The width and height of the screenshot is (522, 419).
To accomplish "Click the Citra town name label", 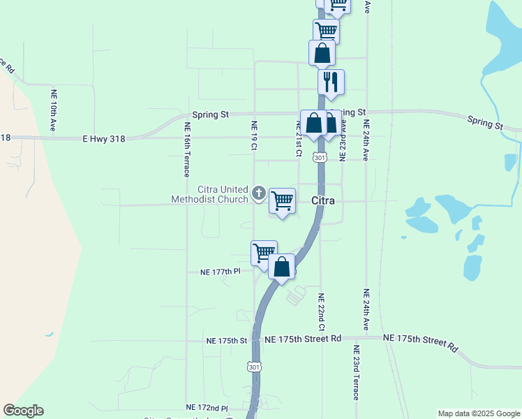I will tap(322, 201).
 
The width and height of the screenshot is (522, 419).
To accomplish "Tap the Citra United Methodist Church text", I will tap(209, 194).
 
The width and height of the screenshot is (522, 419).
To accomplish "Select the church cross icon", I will tap(259, 193).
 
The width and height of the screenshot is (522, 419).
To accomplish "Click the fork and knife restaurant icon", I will tap(331, 82).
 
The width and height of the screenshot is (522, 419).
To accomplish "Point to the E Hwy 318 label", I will tap(103, 139).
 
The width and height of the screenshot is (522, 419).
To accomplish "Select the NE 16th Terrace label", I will tap(186, 150).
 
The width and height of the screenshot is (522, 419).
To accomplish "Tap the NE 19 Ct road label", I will tap(254, 135).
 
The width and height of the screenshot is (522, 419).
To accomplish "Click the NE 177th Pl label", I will tap(220, 272).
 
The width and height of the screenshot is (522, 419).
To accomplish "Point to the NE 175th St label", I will tap(227, 341).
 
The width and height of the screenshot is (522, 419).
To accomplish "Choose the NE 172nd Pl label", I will tap(207, 407).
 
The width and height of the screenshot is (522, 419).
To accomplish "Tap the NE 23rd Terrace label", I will tap(356, 372).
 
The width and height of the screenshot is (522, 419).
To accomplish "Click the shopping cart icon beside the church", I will tap(282, 201).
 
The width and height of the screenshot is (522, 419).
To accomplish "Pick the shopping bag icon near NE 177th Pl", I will tap(281, 267).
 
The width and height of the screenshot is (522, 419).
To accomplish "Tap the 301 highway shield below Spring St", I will tap(320, 158).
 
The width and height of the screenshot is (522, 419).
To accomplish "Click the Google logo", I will tap(23, 411).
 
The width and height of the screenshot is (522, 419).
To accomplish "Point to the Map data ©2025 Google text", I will tap(478, 413).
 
